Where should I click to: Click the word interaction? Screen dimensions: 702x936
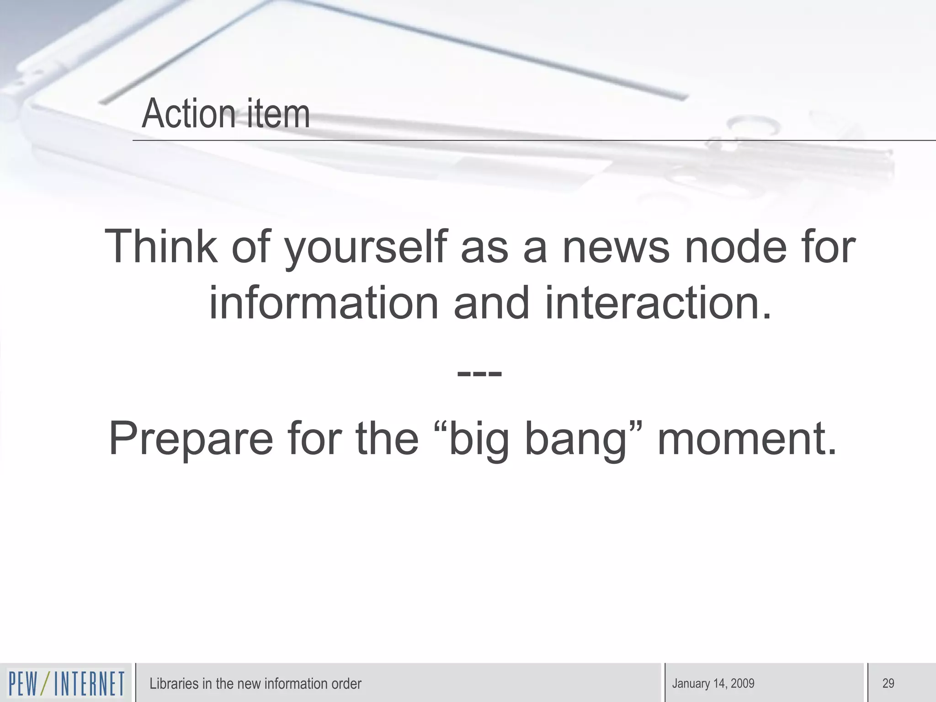tap(658, 303)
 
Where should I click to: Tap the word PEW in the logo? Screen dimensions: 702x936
tap(23, 684)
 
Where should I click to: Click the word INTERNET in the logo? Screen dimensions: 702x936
tap(89, 684)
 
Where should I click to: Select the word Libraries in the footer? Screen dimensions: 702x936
tap(174, 684)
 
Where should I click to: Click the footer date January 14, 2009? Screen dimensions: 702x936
tap(713, 684)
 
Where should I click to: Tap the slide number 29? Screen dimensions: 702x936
tap(888, 684)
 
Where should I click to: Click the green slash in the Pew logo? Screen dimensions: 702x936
tap(46, 684)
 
